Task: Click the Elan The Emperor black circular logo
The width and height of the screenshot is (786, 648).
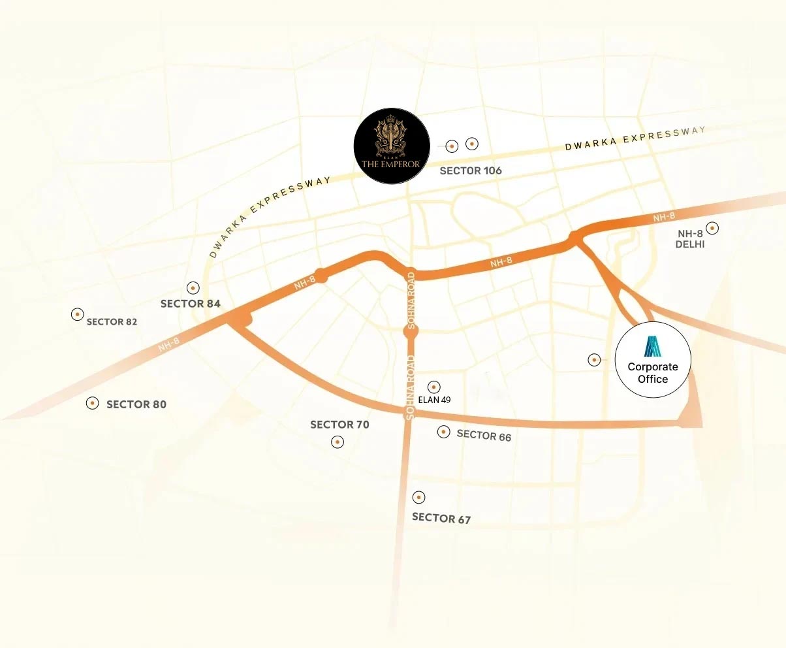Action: pos(391,147)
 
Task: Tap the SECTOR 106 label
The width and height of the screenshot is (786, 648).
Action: pos(471,170)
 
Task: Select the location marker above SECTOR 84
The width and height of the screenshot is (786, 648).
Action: pos(193,287)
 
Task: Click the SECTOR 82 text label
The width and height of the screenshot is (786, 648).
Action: pos(112,322)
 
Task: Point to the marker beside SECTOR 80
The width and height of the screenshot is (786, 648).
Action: pos(93,403)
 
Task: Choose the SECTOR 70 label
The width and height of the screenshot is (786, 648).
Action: pos(339,425)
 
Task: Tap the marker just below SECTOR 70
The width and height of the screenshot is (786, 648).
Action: pos(338,442)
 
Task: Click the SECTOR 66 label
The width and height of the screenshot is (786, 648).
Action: pos(484,435)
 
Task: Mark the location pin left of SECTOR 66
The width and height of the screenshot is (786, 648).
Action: pos(444,432)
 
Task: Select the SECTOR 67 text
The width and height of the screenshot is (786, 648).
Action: pos(441,518)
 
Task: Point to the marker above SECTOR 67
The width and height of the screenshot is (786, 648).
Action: pos(419,497)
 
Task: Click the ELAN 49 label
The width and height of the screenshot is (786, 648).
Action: pos(434,400)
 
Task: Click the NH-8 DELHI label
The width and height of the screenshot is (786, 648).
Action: pos(691,239)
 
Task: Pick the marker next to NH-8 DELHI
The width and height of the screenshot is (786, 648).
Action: pos(713,228)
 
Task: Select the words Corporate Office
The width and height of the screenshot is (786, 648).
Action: pos(653,373)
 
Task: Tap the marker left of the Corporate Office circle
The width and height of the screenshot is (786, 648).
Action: pos(594,359)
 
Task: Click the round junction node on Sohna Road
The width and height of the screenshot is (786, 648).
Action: pos(411,332)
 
